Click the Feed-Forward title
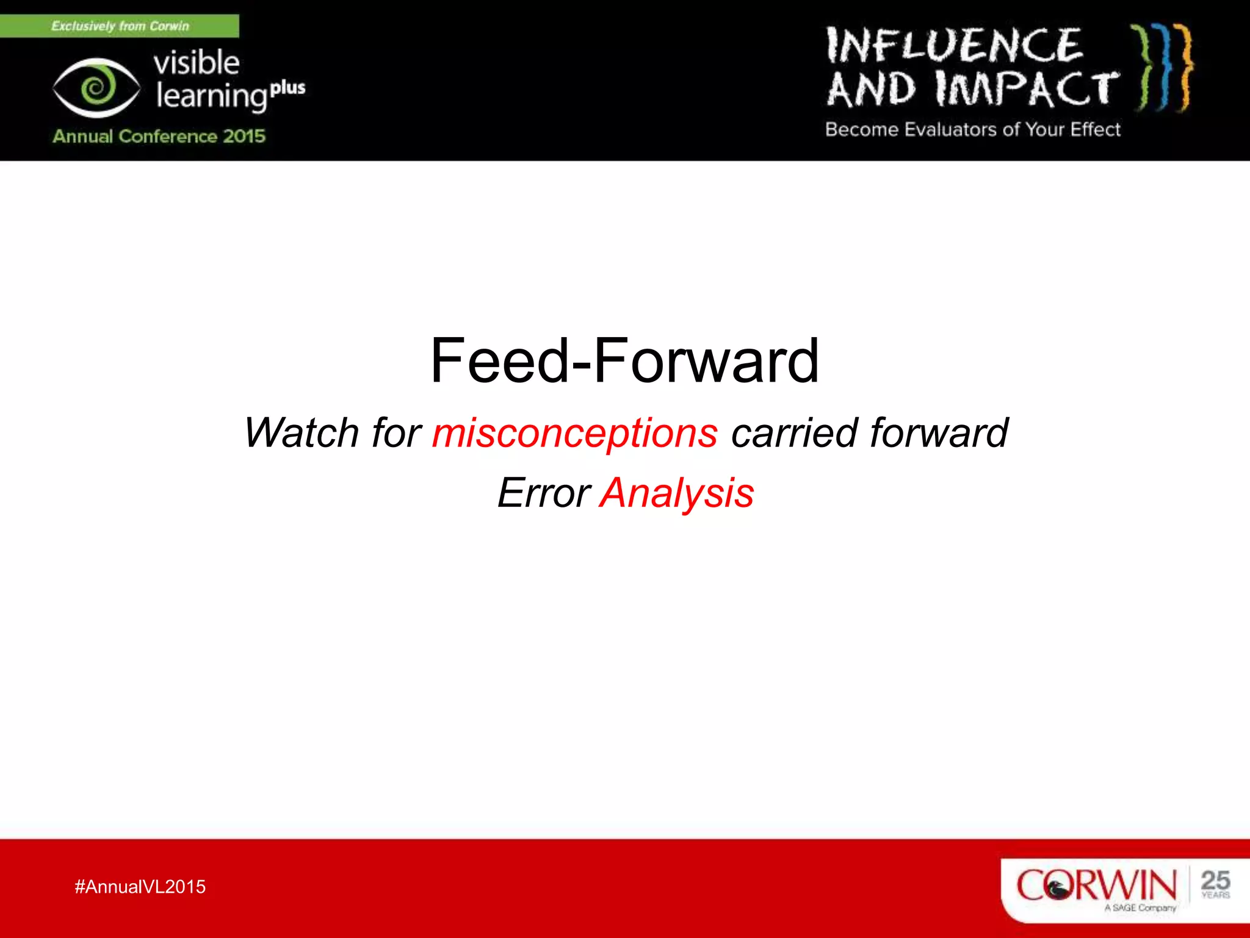tap(624, 362)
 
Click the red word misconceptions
tap(574, 434)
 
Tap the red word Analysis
tap(677, 493)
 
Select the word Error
tap(543, 493)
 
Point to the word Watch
tap(302, 434)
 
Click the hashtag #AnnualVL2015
tap(140, 887)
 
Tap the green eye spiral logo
tap(96, 88)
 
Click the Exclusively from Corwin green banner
tap(120, 26)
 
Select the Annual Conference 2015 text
tap(159, 136)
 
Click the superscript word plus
tap(287, 88)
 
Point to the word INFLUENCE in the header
tap(954, 46)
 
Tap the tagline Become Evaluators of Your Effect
tap(972, 129)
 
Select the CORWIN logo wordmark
tap(1096, 885)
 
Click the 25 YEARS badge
tap(1215, 884)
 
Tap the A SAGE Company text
tap(1140, 908)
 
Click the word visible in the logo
tap(196, 63)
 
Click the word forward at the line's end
tap(939, 434)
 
